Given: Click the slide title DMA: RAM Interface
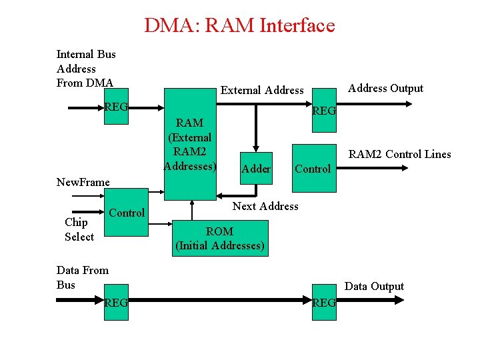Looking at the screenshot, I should (x=239, y=26).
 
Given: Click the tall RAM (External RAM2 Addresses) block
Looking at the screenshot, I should (x=190, y=144).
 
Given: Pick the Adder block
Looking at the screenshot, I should (x=256, y=169).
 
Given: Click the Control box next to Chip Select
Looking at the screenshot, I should (x=127, y=213).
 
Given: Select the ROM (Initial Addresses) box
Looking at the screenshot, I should (x=220, y=239).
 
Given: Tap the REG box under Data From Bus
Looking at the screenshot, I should (x=116, y=303).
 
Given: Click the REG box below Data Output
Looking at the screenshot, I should (x=324, y=303).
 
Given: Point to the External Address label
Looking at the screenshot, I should (x=262, y=90).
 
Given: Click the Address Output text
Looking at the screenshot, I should (x=385, y=88).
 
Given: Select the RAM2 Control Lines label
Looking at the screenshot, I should (x=400, y=154).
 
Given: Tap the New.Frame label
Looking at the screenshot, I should (x=83, y=182).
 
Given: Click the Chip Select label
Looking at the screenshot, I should (x=79, y=229).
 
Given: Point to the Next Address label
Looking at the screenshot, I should (x=265, y=206).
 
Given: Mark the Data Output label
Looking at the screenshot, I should (x=374, y=286).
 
